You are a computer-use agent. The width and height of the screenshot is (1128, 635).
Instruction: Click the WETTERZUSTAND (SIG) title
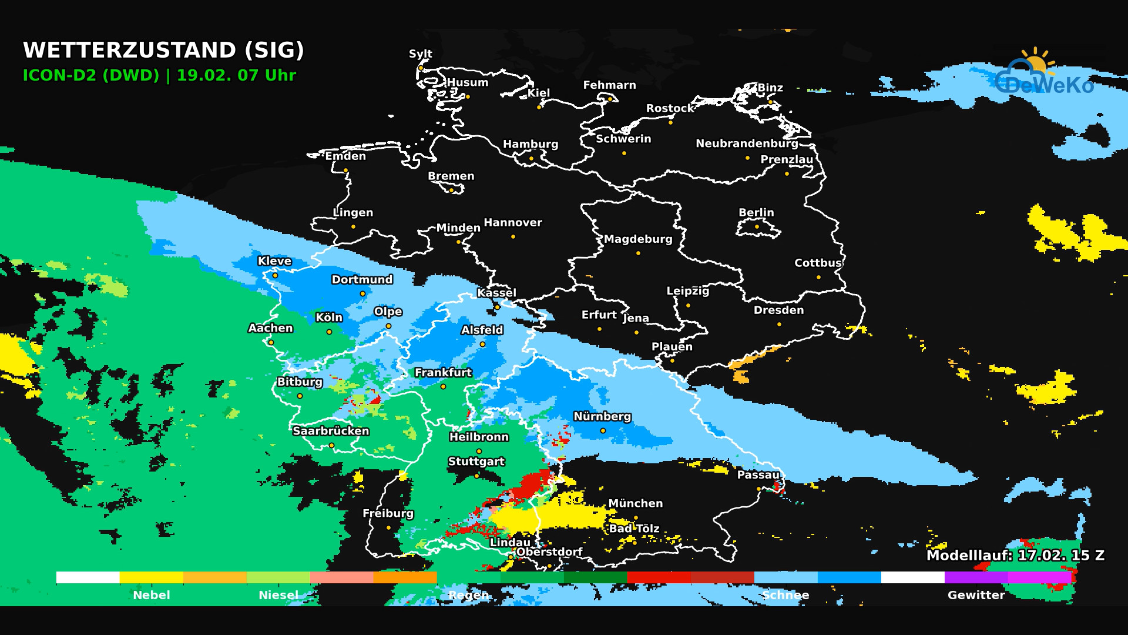(x=163, y=50)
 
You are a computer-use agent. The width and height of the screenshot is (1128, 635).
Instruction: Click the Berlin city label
(x=756, y=212)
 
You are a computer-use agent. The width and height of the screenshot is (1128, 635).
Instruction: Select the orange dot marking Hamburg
(x=531, y=158)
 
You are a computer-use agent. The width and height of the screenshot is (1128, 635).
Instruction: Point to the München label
(x=635, y=503)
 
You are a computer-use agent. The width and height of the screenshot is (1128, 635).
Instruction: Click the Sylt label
(x=420, y=54)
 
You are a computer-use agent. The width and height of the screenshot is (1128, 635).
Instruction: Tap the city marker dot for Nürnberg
(x=603, y=431)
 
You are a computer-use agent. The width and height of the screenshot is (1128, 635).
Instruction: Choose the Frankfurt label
(x=443, y=372)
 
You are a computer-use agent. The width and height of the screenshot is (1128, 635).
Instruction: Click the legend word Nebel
(x=151, y=595)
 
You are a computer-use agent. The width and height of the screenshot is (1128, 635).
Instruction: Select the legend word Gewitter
(x=976, y=595)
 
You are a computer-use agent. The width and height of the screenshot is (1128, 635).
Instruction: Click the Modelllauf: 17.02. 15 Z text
(x=1015, y=555)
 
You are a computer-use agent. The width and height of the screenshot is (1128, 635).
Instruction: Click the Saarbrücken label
(x=331, y=431)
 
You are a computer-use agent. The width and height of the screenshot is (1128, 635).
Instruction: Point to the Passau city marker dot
(x=758, y=489)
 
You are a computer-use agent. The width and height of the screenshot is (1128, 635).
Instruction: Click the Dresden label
(x=778, y=310)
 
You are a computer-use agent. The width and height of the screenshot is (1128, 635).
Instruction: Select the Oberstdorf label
(x=549, y=552)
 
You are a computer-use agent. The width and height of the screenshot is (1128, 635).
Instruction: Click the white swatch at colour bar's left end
(x=88, y=577)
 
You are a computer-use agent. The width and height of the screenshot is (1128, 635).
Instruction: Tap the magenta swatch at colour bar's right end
(x=1040, y=577)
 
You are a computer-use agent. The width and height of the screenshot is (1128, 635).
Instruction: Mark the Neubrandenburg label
(x=747, y=143)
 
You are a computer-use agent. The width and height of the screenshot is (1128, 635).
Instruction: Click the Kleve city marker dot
(x=275, y=275)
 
